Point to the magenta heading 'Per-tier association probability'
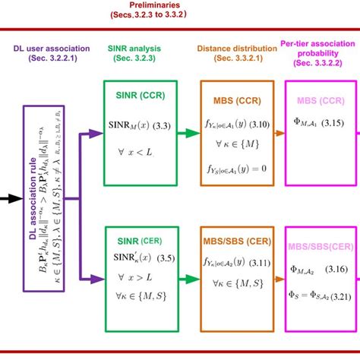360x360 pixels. (x=319, y=46)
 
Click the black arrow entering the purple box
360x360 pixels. (x=11, y=201)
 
